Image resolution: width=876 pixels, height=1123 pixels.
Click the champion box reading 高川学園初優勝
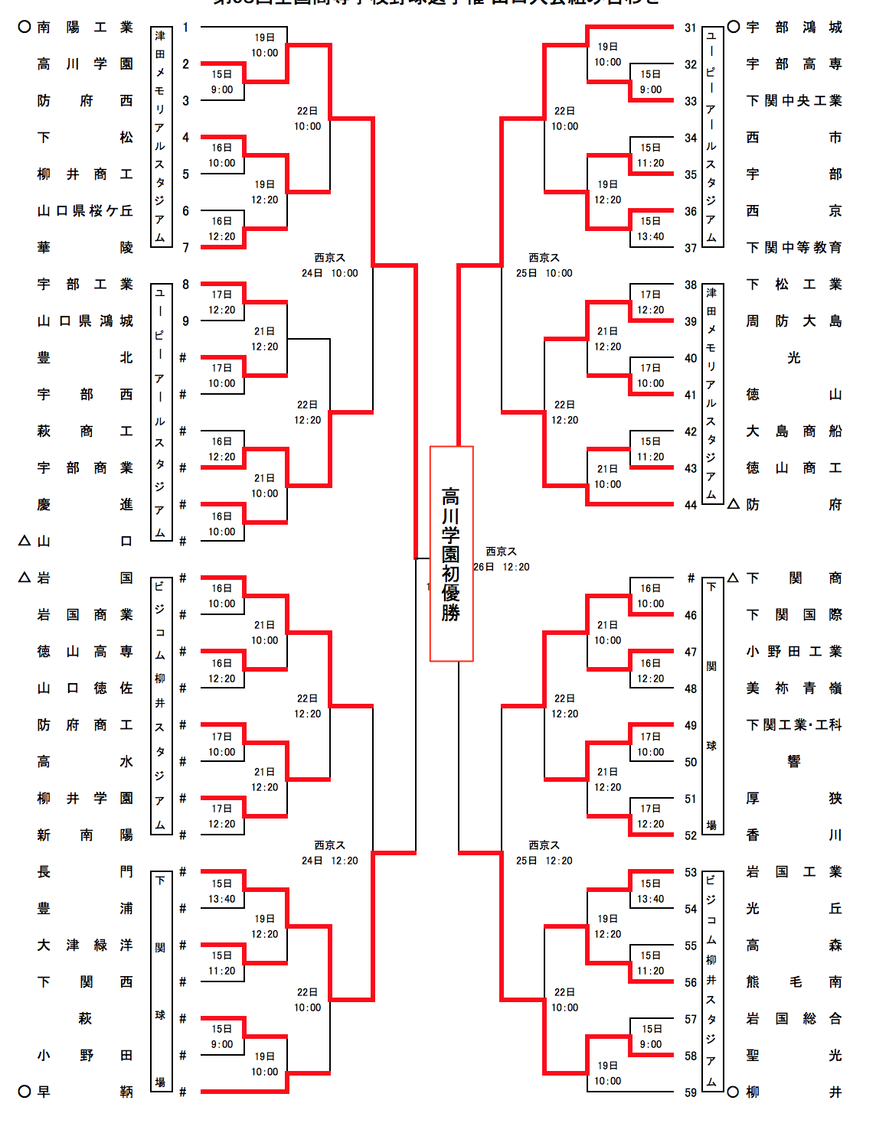(x=451, y=553)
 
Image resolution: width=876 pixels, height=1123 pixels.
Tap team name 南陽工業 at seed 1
(x=85, y=28)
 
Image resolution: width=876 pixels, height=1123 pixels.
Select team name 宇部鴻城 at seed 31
(x=794, y=28)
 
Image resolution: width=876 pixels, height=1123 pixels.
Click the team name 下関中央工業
(x=794, y=101)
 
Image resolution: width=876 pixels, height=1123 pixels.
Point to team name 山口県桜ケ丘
(x=85, y=211)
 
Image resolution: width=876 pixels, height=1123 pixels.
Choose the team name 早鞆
(x=85, y=1092)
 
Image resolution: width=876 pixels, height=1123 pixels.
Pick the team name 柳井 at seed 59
(x=794, y=1092)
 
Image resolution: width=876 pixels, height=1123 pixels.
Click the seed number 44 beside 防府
(x=691, y=505)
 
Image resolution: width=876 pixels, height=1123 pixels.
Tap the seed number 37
(x=691, y=248)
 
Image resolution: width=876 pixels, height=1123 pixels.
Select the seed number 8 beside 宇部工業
(x=185, y=285)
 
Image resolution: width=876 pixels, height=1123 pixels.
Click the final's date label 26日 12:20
(x=502, y=567)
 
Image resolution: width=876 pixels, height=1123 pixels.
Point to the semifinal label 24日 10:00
(x=329, y=273)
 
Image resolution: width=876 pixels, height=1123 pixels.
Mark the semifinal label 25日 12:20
(x=544, y=861)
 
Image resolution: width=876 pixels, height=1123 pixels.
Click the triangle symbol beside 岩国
(x=25, y=578)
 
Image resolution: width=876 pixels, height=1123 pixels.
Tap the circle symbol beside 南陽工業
(x=25, y=27)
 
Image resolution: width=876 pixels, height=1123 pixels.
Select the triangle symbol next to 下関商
(x=733, y=578)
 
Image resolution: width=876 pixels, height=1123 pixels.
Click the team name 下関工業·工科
(x=794, y=725)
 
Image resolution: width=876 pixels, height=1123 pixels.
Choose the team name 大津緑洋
(x=85, y=946)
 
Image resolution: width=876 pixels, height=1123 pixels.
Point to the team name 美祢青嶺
(x=794, y=688)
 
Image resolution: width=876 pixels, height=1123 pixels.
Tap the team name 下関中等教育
(x=794, y=248)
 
